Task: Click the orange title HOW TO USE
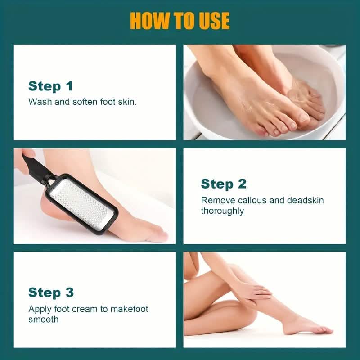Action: coord(180,21)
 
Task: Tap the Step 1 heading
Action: coord(50,86)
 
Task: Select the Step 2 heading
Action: coord(223,184)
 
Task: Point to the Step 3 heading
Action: coord(51,292)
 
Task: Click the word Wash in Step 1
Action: coord(39,102)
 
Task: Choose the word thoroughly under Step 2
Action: coord(222,211)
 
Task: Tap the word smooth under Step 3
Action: coord(43,319)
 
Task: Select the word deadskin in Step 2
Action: coord(306,200)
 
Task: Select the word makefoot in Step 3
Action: coord(126,309)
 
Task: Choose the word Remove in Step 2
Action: coord(215,200)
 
